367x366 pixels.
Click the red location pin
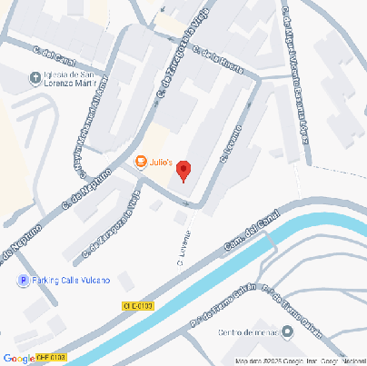[x=183, y=170]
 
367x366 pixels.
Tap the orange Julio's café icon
[x=141, y=162]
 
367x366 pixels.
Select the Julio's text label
[x=161, y=163]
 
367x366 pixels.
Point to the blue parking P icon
[x=23, y=280]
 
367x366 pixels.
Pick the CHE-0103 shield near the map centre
[x=138, y=308]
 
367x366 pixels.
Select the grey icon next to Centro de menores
[x=288, y=333]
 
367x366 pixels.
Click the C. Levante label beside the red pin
[x=235, y=144]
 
